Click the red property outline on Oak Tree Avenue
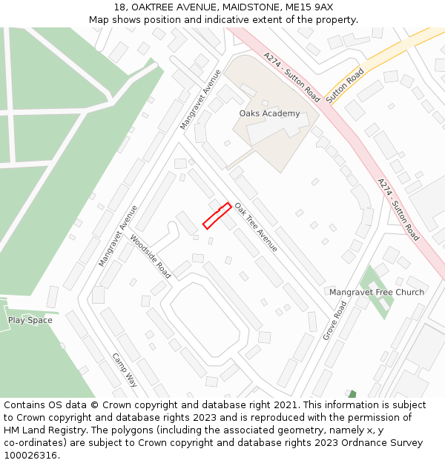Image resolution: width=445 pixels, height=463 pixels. (217, 216)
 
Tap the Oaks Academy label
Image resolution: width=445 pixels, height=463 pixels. (269, 113)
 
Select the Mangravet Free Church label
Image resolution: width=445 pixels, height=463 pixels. (377, 292)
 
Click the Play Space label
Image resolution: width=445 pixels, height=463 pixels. (30, 320)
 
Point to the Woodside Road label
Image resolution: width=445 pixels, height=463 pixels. (151, 256)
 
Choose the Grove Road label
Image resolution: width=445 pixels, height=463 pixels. (334, 320)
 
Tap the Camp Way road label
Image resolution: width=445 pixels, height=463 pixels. (125, 370)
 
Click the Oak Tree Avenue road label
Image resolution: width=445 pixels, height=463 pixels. (256, 227)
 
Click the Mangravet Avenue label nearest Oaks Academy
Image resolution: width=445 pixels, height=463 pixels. (201, 99)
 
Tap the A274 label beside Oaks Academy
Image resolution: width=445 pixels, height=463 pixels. (291, 77)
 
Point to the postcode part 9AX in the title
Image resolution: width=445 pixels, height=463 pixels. (321, 7)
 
